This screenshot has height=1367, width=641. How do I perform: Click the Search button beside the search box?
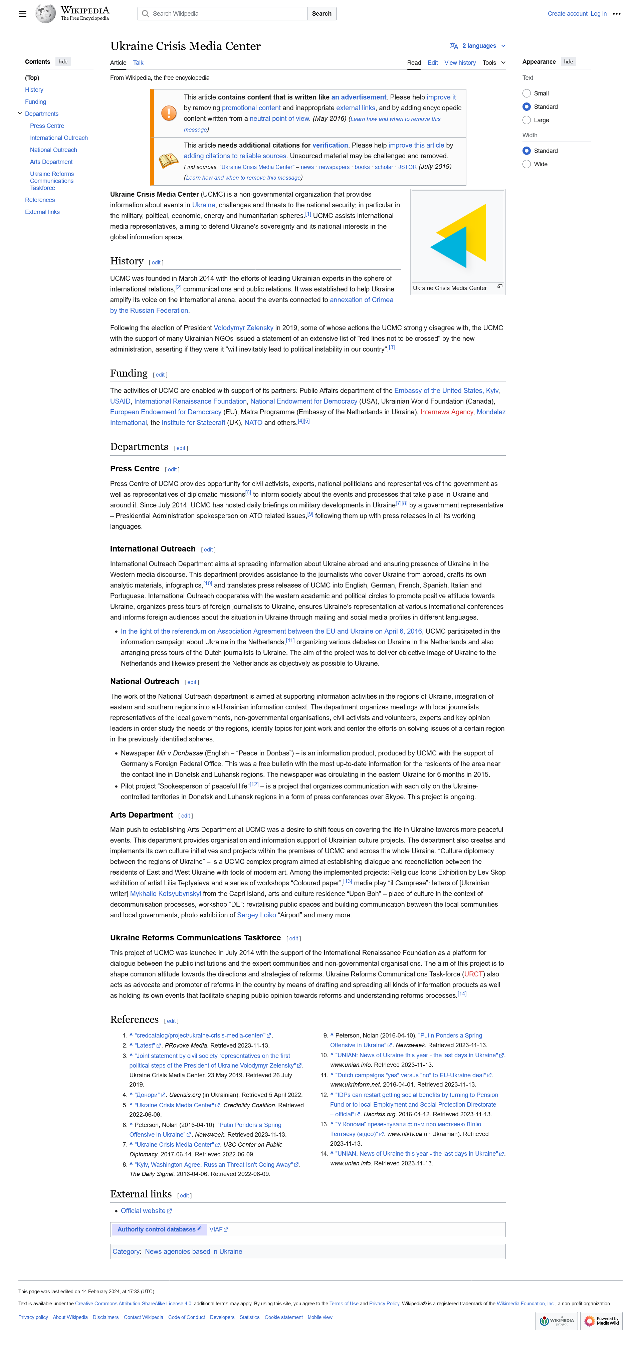tap(321, 14)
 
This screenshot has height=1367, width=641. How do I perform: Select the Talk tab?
tap(138, 63)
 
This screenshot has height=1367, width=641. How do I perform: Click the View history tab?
tap(459, 63)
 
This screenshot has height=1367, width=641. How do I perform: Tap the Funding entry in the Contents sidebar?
tap(35, 102)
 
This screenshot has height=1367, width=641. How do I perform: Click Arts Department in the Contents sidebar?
tap(51, 162)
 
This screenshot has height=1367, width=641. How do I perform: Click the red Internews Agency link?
tap(446, 412)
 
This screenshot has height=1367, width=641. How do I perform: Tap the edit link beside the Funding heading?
tap(160, 375)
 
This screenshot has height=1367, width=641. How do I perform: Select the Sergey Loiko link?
tap(256, 915)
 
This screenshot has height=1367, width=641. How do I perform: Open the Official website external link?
tap(143, 1210)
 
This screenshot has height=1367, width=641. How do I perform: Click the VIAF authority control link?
tap(216, 1229)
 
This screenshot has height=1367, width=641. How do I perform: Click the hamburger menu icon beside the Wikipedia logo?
tap(22, 14)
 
